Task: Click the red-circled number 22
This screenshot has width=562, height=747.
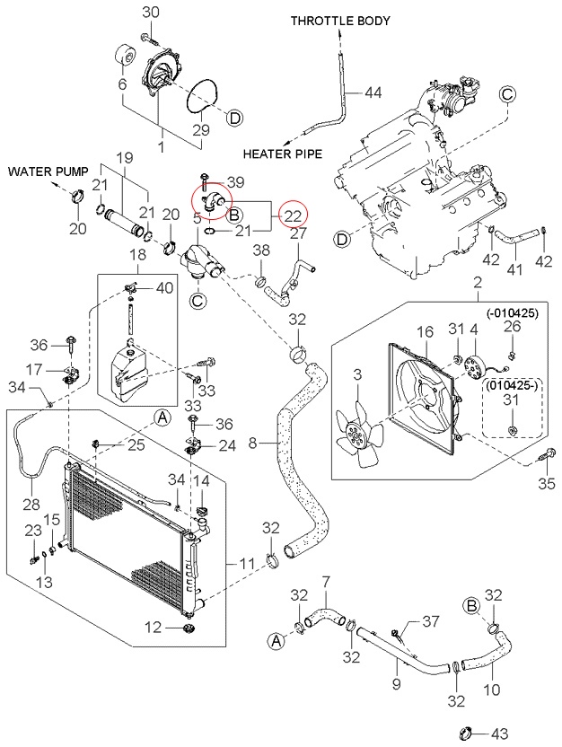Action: point(293,215)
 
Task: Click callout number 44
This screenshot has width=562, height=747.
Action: point(373,92)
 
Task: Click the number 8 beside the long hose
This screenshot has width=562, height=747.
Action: point(252,443)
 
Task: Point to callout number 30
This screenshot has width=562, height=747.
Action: point(151,12)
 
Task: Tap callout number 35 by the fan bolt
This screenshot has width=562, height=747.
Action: point(546,484)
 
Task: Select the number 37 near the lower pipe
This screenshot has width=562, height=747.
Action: point(431,621)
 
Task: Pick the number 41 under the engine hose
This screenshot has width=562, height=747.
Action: point(514,268)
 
